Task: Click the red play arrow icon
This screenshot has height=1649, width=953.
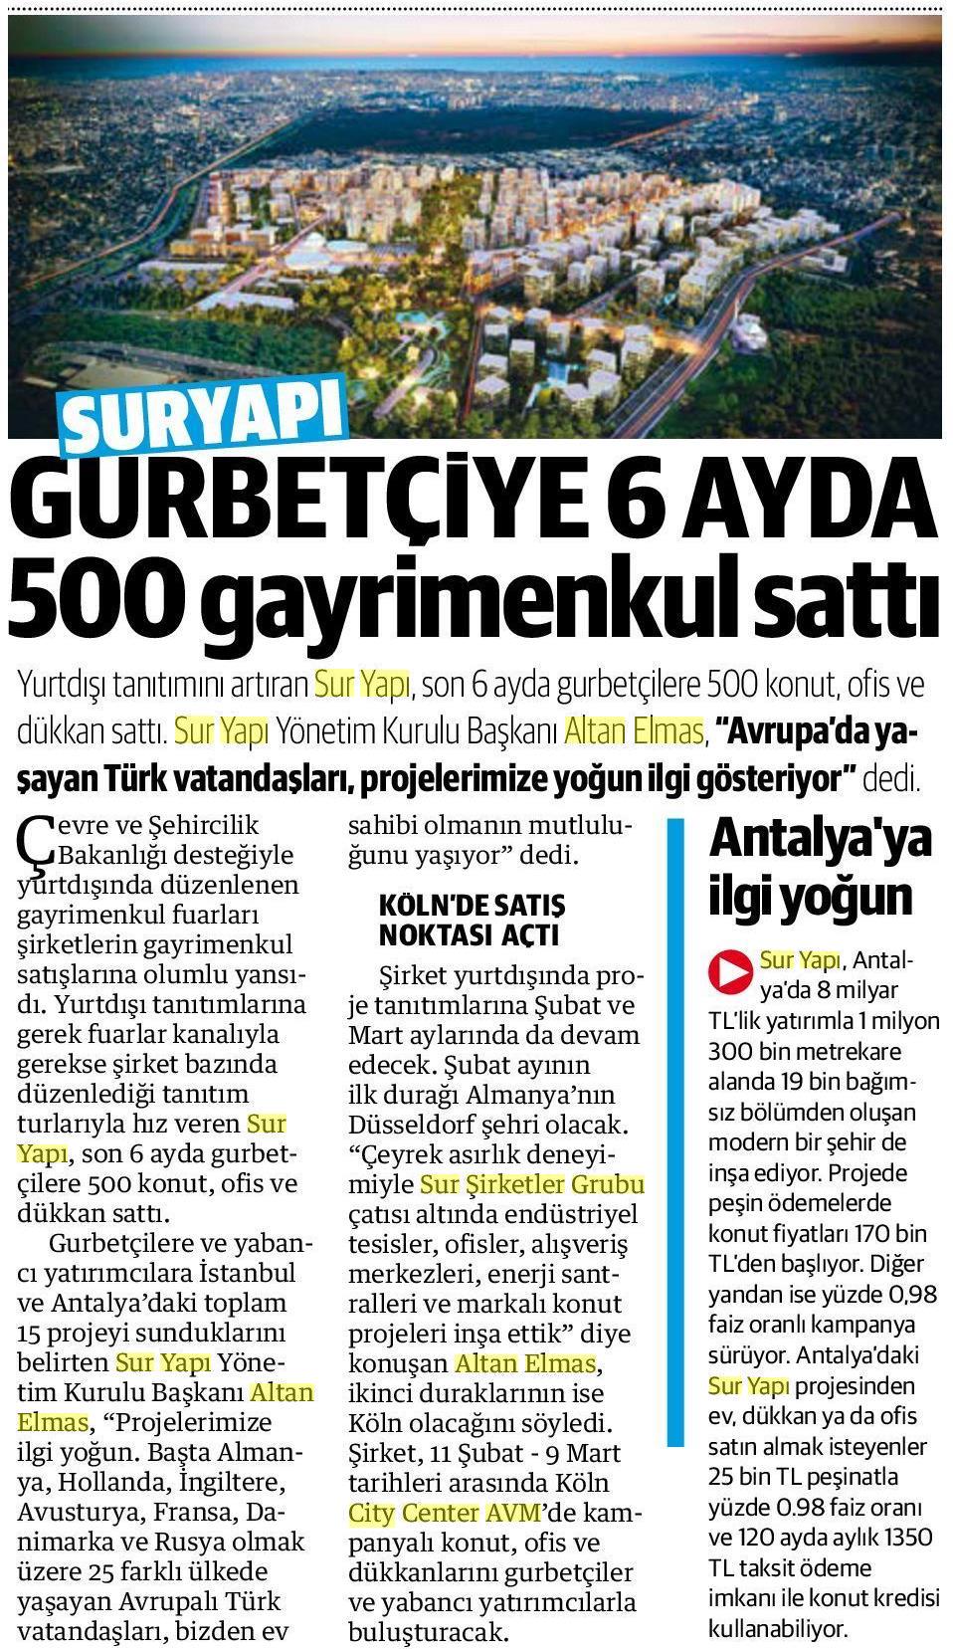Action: pos(729,969)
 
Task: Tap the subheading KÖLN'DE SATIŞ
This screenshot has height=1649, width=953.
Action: pos(472,905)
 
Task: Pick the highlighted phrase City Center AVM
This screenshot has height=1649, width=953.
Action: pos(444,1513)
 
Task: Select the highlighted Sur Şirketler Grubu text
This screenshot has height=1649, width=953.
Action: pos(532,1184)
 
